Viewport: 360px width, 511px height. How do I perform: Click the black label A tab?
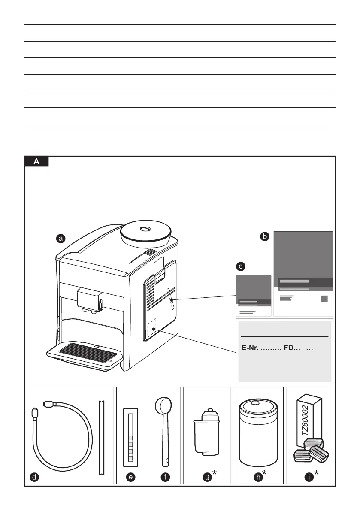(x=36, y=162)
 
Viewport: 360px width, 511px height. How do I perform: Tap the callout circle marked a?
(x=61, y=238)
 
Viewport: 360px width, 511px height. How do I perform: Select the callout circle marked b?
(x=265, y=236)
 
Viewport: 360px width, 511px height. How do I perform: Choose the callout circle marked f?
(x=166, y=476)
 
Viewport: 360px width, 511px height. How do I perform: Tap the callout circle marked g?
(x=207, y=476)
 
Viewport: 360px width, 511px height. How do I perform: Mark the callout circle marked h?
(x=256, y=476)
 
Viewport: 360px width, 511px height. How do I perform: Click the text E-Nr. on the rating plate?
(x=250, y=348)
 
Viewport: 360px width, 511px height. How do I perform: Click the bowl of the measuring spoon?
(x=163, y=405)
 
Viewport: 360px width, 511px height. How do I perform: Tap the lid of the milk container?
(x=258, y=406)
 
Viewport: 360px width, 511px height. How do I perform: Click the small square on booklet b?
(x=324, y=299)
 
